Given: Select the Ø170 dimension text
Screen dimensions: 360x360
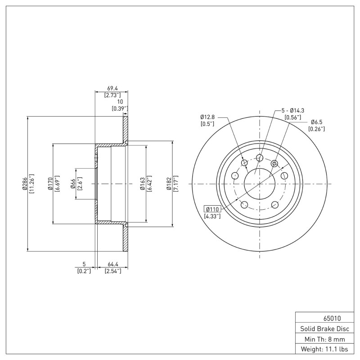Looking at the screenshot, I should (50, 184).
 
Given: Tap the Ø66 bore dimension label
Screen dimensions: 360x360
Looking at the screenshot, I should (73, 184).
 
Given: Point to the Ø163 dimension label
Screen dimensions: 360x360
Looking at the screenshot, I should (142, 184).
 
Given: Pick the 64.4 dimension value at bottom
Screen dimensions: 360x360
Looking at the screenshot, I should (113, 265).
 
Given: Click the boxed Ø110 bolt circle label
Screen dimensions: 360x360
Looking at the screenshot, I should (212, 209).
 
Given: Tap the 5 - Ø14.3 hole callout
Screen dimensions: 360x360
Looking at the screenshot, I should (293, 110).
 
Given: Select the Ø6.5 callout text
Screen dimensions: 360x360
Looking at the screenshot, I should (316, 122).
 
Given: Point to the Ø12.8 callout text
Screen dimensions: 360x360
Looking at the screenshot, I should (207, 117).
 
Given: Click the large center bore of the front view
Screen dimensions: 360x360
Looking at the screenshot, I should (260, 184).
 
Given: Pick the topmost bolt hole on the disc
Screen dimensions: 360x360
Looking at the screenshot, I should (260, 157).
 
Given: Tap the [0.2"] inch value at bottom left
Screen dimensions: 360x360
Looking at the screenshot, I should (84, 271).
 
